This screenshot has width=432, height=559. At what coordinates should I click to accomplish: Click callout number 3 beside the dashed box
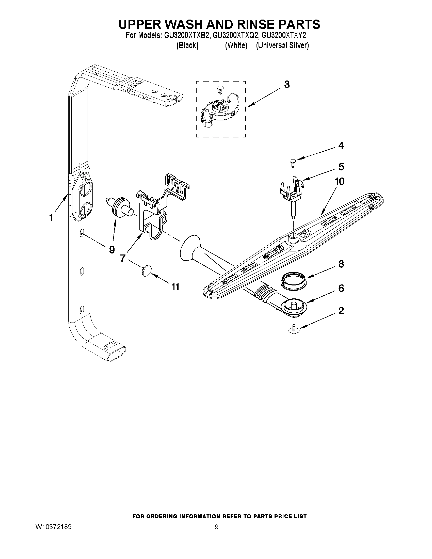click(287, 85)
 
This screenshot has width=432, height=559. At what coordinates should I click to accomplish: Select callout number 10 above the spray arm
click(340, 182)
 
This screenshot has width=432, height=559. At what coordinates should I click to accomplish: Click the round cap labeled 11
click(146, 270)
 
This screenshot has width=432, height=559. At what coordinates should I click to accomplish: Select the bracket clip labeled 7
click(151, 212)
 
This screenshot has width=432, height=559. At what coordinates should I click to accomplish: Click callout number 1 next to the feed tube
click(51, 218)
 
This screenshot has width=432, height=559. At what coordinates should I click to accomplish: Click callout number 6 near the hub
click(341, 289)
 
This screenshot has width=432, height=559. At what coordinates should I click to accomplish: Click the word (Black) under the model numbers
click(187, 45)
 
